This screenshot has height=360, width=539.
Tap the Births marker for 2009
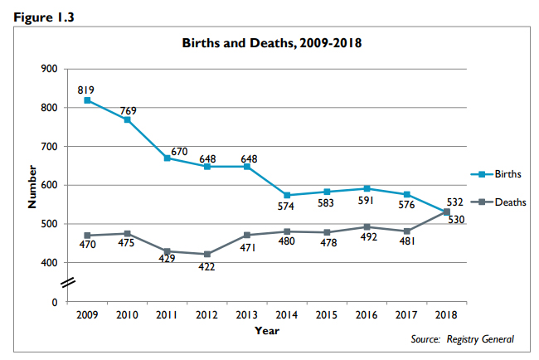87,100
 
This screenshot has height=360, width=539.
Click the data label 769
128,110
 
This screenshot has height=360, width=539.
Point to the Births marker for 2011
168,158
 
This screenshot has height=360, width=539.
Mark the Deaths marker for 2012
207,254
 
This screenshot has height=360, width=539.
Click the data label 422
207,267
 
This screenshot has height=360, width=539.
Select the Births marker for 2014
287,195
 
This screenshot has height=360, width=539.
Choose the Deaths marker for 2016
367,226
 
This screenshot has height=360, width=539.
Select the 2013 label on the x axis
247,316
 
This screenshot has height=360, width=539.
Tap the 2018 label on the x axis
447,316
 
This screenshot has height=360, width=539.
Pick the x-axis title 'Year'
267,330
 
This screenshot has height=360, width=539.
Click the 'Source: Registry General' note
463,339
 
